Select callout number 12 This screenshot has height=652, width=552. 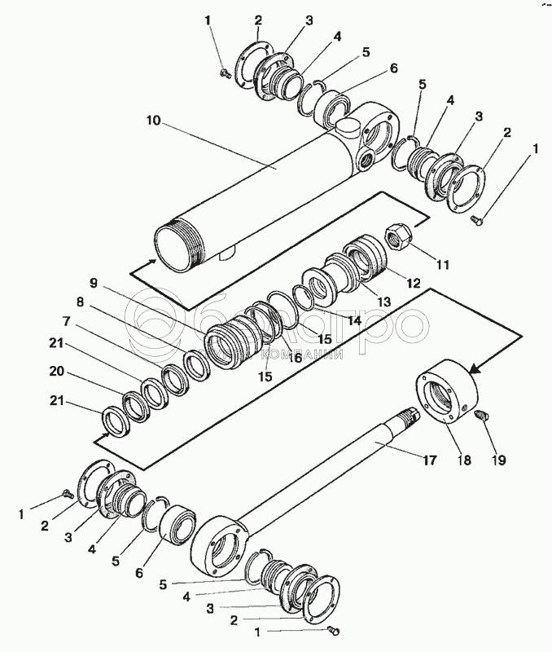coord(413,284)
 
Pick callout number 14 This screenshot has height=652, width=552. coord(353,319)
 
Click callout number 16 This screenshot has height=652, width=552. coord(294,357)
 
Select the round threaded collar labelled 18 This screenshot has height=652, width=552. coord(448,391)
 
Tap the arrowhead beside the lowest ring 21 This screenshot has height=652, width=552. coord(99,438)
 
